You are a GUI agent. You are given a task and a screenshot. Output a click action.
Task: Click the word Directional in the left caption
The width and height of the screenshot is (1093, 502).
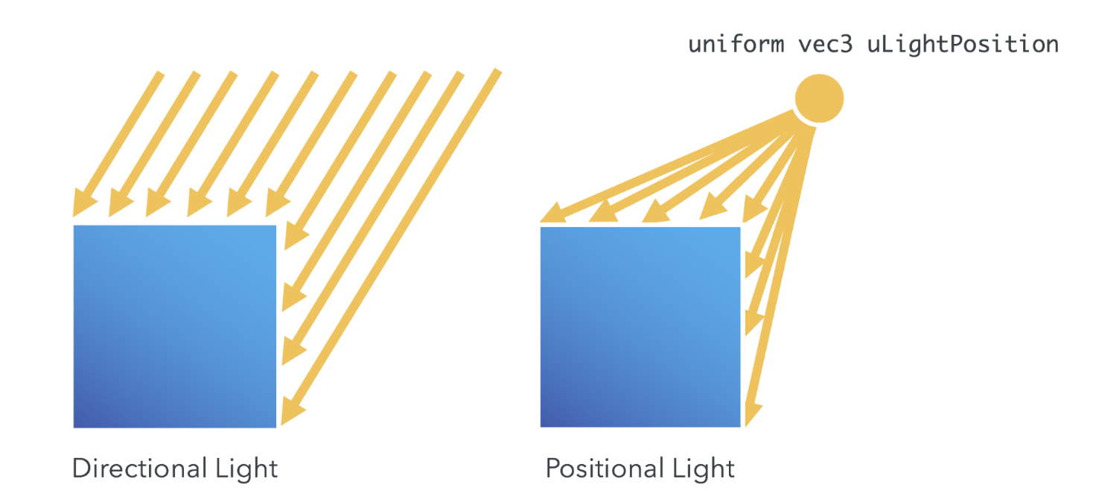point(137,469)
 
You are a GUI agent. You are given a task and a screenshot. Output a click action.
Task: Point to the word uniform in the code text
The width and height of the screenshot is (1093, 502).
point(736,45)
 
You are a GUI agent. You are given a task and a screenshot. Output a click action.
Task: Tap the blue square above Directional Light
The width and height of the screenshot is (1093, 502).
point(175,326)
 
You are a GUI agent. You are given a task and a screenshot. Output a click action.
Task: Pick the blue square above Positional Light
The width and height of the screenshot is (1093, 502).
point(640,326)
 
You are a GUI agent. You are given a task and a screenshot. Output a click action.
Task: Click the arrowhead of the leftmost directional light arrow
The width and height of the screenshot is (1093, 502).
point(82,205)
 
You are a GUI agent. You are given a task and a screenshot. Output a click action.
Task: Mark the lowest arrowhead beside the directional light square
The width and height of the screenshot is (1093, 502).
point(292,412)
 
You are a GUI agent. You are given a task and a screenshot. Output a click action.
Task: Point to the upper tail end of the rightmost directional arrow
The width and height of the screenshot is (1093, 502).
point(497,72)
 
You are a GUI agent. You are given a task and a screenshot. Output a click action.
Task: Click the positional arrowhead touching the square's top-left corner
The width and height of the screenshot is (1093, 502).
point(551,215)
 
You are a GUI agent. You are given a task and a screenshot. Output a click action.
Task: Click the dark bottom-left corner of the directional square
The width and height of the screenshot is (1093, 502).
point(77,423)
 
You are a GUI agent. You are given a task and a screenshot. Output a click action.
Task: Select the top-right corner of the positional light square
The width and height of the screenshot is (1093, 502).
point(739,229)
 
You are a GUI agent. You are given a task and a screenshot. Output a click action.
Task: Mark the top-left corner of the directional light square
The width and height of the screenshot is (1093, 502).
point(74,226)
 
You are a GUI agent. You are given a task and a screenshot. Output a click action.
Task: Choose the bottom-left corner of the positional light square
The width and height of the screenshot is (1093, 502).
point(542,425)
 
